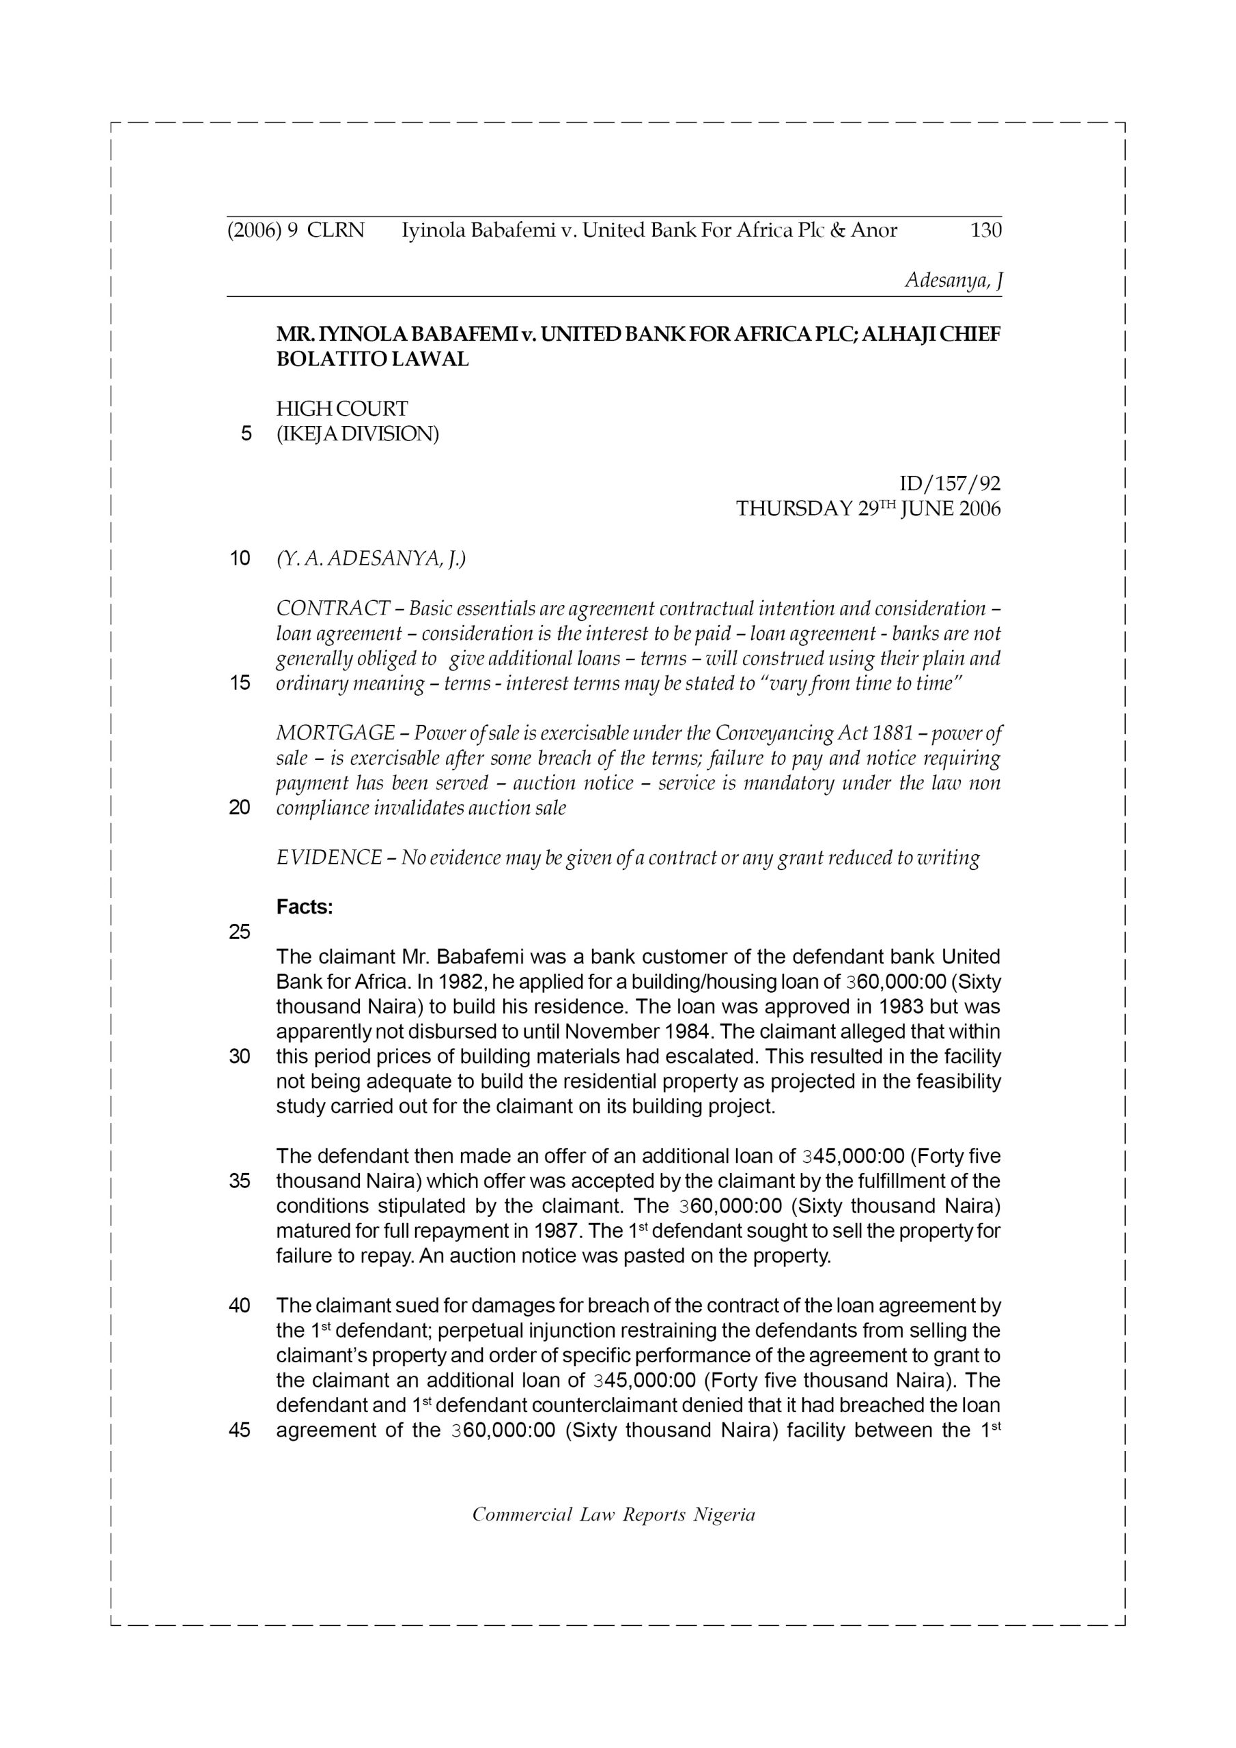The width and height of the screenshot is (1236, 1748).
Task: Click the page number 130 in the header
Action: (x=985, y=230)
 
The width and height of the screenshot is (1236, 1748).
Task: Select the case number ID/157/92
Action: (x=950, y=483)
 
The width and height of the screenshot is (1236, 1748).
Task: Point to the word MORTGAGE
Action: (x=335, y=733)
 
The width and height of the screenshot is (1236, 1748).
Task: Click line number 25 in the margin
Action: (x=239, y=932)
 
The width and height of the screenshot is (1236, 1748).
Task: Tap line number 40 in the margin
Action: (x=239, y=1306)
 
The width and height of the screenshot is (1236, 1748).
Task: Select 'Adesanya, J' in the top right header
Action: (x=953, y=280)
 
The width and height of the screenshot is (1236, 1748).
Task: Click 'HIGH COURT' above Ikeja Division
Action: (x=342, y=409)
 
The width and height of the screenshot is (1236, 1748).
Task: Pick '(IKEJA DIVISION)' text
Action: (x=357, y=434)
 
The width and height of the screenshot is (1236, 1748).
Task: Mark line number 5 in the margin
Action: (x=245, y=434)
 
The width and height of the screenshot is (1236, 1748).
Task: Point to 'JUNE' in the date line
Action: (x=926, y=509)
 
